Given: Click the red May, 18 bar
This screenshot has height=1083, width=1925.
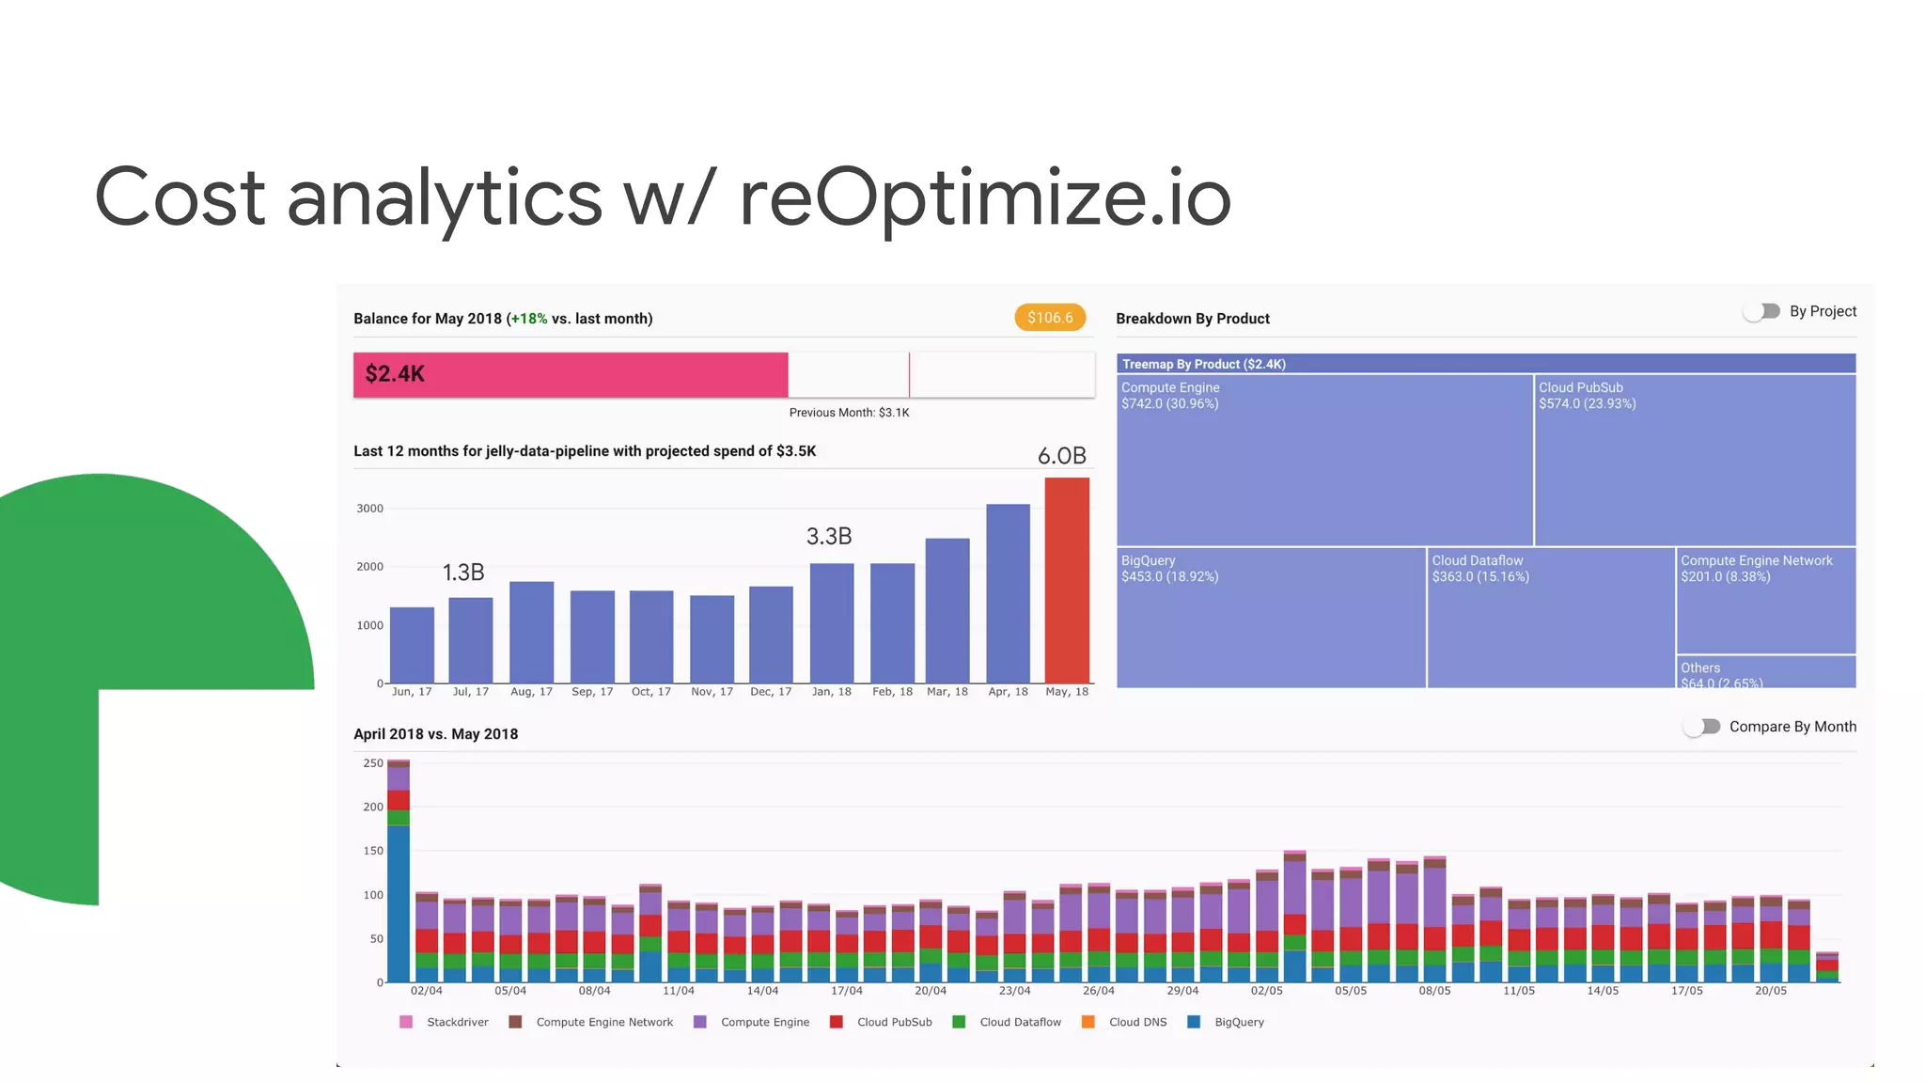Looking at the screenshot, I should (1067, 580).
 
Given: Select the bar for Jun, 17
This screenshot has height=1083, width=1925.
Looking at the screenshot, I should (412, 645).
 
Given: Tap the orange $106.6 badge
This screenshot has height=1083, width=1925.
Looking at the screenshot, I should (1050, 318).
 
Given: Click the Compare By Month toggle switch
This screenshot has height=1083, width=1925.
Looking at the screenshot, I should (1702, 727).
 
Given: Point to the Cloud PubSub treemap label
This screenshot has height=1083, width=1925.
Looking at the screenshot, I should (1580, 387).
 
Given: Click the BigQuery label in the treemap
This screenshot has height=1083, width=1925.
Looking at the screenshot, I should (1148, 560).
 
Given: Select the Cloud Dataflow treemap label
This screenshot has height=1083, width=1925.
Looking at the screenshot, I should (1477, 560).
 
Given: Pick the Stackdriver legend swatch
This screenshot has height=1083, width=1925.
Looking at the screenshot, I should (406, 1022).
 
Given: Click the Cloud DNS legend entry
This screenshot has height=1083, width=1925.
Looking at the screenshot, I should (1137, 1022).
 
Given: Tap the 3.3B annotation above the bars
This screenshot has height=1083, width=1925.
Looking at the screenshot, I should (829, 536).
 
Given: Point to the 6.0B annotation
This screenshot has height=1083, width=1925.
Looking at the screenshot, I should (1061, 456).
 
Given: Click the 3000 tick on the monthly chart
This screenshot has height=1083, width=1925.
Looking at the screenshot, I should (369, 509).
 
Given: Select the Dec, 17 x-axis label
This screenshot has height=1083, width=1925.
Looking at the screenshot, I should (771, 692).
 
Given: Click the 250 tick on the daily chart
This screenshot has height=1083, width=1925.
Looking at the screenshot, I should (373, 763).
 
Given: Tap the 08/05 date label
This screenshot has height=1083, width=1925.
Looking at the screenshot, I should (1434, 991).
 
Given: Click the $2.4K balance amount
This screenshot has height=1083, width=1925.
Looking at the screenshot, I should (395, 374).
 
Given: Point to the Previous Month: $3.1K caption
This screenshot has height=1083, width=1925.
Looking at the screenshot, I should (849, 413).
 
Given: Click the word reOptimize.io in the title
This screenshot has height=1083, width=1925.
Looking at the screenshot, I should (984, 197).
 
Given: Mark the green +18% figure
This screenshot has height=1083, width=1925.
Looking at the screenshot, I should (529, 319).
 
